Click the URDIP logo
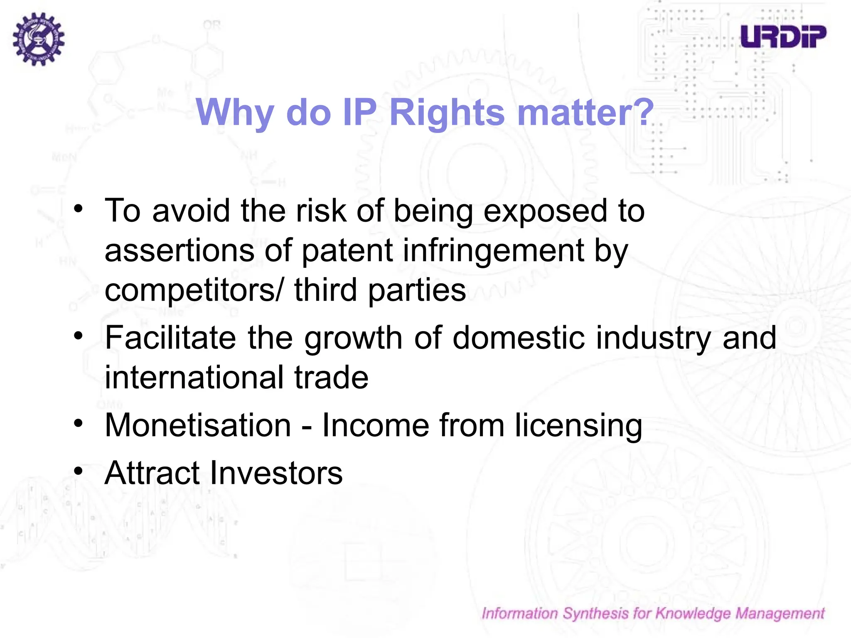[783, 36]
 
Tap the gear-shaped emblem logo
[39, 39]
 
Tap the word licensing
[578, 426]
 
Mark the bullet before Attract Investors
[79, 471]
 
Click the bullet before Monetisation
[79, 424]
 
